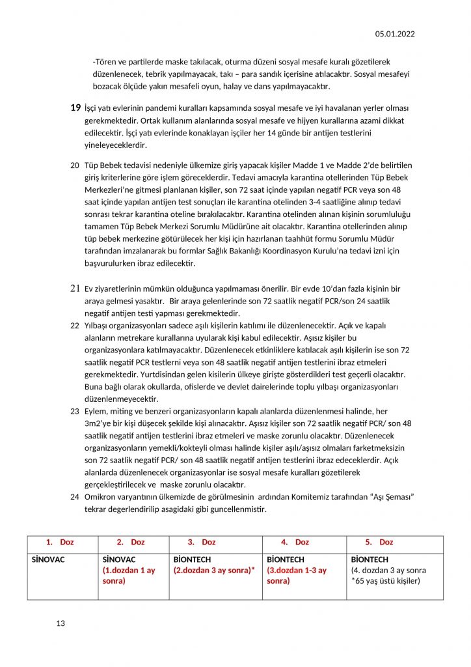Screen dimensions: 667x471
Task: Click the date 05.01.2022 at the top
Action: [395, 34]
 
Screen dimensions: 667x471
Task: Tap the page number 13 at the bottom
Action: [61, 623]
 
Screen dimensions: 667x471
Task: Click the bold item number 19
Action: [75, 107]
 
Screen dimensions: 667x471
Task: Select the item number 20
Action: [74, 165]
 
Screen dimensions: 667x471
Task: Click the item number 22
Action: [74, 325]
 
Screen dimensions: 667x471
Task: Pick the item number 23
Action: [74, 412]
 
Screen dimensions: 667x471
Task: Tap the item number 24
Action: [74, 497]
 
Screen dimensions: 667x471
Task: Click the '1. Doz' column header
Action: [60, 542]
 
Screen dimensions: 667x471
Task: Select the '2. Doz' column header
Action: [131, 542]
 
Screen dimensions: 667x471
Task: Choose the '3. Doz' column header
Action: [202, 542]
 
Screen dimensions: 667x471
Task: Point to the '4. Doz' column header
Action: [295, 542]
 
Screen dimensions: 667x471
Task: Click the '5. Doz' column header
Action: [379, 542]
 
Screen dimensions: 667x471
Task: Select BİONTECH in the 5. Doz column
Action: [370, 560]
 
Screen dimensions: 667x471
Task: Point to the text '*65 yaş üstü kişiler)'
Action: [386, 580]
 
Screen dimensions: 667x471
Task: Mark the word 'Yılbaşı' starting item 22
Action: [99, 325]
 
